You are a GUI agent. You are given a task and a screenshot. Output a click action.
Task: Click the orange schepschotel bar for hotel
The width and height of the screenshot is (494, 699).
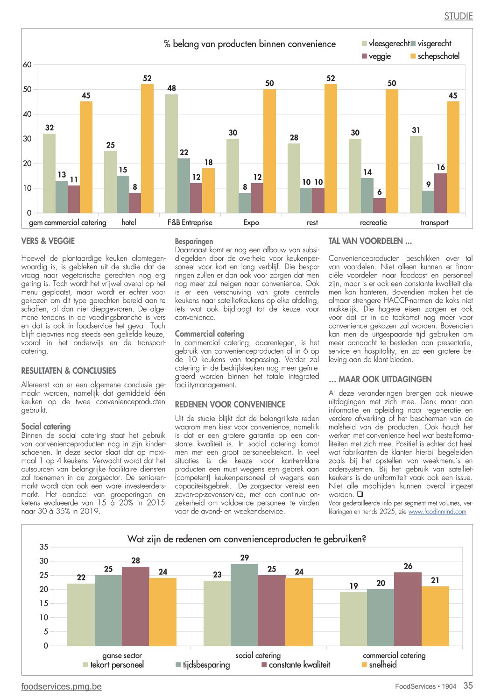[x=147, y=149]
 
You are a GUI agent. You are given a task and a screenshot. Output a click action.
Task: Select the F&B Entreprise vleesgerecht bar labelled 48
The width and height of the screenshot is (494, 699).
[x=171, y=154]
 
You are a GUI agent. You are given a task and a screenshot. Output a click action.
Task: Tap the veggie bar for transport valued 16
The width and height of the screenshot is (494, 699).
[x=440, y=193]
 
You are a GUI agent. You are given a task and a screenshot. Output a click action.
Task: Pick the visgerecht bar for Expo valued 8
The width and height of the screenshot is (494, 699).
[x=245, y=203]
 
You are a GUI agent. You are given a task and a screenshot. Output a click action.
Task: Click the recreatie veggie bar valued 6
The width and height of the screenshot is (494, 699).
[x=379, y=206]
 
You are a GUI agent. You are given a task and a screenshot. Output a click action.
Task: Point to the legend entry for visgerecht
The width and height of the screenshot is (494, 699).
[x=431, y=43]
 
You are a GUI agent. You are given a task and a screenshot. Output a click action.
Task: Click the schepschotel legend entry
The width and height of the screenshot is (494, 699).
[x=435, y=56]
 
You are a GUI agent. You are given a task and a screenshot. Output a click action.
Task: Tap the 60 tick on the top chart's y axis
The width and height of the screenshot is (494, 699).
[x=27, y=64]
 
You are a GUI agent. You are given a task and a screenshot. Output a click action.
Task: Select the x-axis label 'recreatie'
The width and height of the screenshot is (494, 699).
[x=374, y=222]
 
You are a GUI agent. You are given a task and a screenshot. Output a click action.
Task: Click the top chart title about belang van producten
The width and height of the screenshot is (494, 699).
[x=249, y=44]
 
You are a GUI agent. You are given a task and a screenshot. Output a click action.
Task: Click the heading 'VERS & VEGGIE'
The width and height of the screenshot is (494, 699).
[x=48, y=241]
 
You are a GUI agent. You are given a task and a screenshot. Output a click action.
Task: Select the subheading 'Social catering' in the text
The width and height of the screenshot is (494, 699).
[x=46, y=426]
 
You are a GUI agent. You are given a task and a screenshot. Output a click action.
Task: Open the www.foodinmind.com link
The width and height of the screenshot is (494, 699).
[x=437, y=512]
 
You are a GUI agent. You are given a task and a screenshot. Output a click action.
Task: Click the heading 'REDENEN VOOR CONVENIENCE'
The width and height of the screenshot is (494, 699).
[x=230, y=405]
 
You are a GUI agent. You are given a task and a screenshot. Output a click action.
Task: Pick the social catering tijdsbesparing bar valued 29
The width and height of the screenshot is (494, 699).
[x=245, y=605]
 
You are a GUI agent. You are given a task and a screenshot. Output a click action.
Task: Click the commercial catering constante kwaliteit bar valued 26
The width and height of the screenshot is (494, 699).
[x=408, y=609]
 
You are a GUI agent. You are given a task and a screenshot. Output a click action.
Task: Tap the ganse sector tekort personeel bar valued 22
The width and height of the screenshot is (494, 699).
[x=81, y=615]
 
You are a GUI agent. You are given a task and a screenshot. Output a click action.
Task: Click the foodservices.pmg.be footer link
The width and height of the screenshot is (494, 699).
[x=62, y=686]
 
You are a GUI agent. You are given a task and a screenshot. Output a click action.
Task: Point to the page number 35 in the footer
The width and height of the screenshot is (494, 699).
[x=468, y=685]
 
